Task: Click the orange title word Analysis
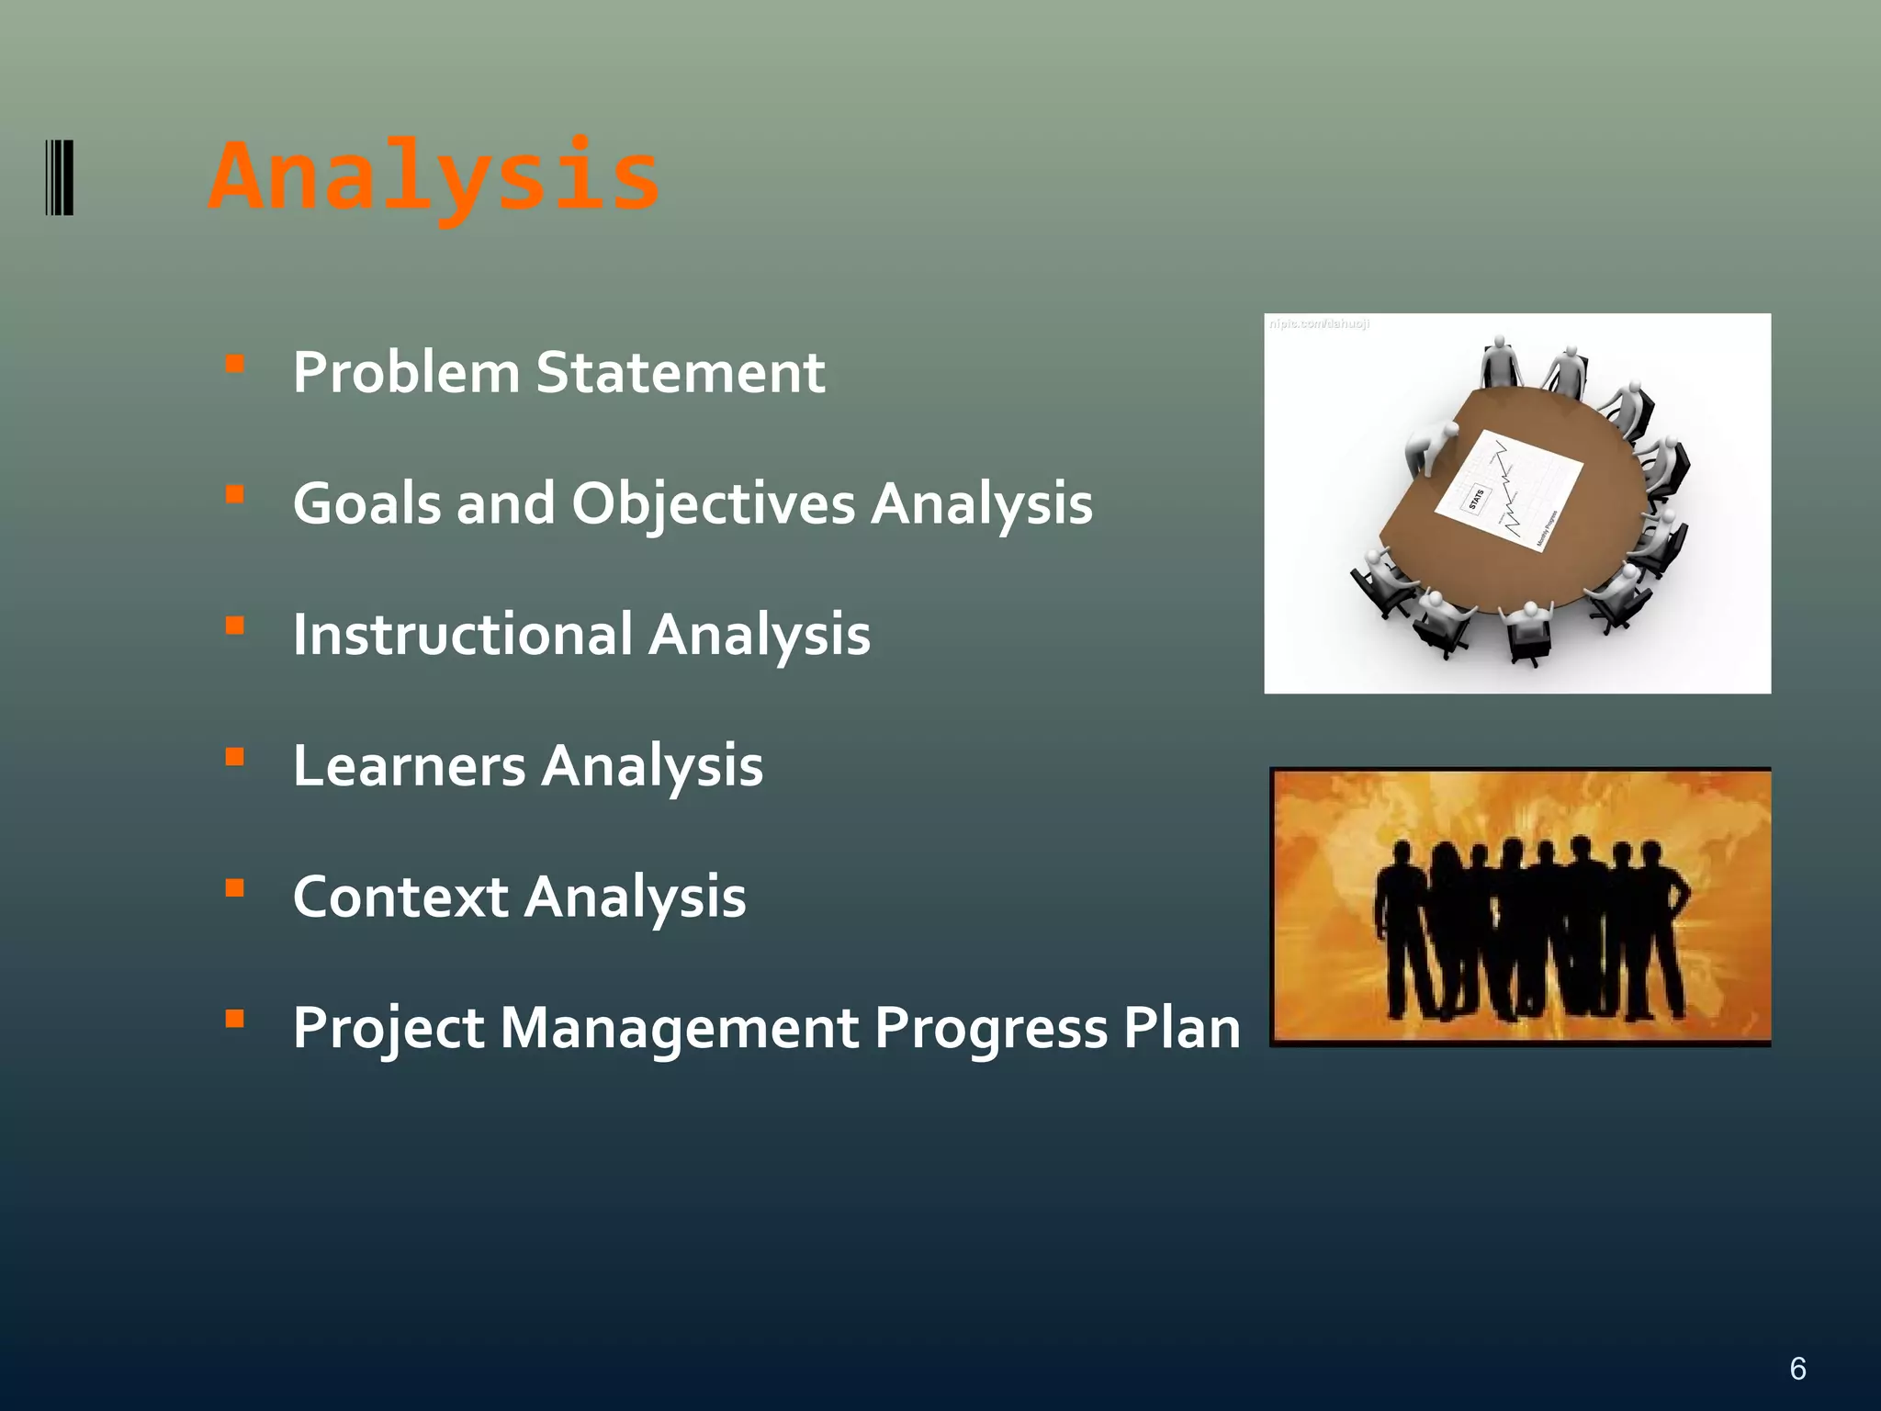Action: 434,176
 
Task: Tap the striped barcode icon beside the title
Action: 60,177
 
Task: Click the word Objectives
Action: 713,504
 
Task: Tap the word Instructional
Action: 463,635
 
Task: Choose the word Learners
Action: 409,766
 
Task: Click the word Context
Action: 400,897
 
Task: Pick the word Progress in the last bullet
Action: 990,1029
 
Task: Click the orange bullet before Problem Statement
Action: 235,364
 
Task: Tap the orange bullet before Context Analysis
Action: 235,888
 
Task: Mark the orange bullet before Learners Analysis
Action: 235,757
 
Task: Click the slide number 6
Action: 1797,1369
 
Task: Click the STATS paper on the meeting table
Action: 1508,490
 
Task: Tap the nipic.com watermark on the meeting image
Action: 1319,324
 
